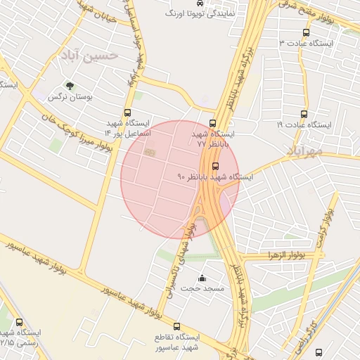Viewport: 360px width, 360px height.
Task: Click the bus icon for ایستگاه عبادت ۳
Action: point(305,33)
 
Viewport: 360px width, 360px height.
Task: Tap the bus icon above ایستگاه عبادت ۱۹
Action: point(304,114)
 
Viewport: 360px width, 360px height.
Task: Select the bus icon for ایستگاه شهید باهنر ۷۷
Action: point(214,121)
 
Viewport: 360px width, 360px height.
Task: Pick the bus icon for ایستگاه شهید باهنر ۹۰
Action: point(215,167)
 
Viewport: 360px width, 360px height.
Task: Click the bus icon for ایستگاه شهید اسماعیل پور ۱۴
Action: point(127,112)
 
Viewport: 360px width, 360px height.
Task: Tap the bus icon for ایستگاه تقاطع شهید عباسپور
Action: point(177,327)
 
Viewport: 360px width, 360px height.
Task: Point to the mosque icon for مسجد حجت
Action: point(202,278)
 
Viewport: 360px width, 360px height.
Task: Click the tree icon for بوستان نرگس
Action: point(69,86)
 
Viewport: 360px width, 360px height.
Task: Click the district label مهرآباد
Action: point(304,150)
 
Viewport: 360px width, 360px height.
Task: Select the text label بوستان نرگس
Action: point(70,98)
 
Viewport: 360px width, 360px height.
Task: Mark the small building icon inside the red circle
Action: point(148,150)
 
